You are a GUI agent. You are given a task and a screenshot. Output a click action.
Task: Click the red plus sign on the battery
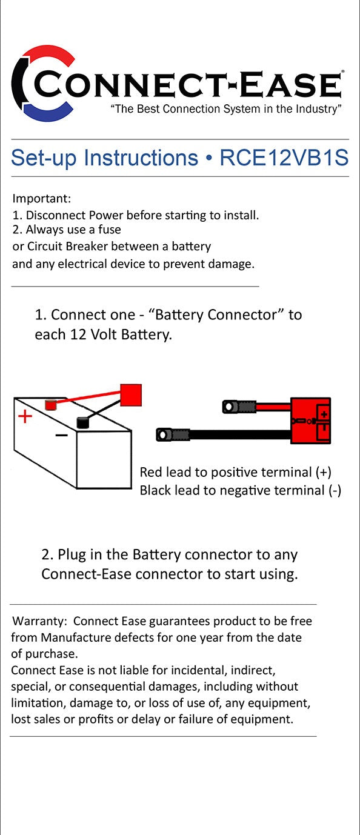pyautogui.click(x=25, y=416)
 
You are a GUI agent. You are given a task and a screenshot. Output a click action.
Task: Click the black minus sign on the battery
pyautogui.click(x=61, y=435)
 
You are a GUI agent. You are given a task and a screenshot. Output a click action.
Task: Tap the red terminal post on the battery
pyautogui.click(x=51, y=403)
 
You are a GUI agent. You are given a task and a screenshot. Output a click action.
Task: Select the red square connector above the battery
pyautogui.click(x=130, y=395)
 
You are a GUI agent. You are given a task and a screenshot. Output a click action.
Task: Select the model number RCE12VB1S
pyautogui.click(x=284, y=158)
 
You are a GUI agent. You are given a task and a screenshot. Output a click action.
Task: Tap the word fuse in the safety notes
pyautogui.click(x=109, y=230)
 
